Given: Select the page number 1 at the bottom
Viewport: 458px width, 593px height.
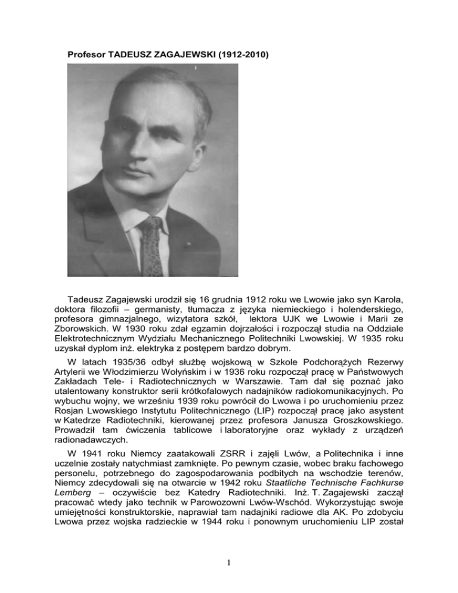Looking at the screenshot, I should click(x=228, y=570).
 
